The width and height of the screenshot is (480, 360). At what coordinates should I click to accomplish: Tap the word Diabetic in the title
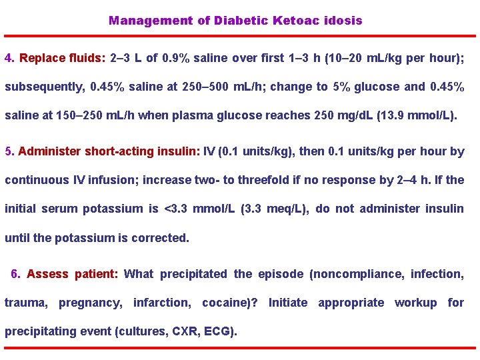click(x=239, y=21)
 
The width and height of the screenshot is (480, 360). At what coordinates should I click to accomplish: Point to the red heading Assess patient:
click(x=73, y=274)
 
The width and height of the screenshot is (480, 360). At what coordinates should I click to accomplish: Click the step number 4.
click(x=9, y=58)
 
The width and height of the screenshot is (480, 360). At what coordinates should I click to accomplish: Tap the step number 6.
click(x=15, y=274)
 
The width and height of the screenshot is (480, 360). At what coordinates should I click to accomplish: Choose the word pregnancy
click(x=90, y=303)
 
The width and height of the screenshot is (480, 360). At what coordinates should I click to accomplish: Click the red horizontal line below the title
click(x=240, y=36)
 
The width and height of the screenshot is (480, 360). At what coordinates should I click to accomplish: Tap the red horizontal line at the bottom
click(x=240, y=347)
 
